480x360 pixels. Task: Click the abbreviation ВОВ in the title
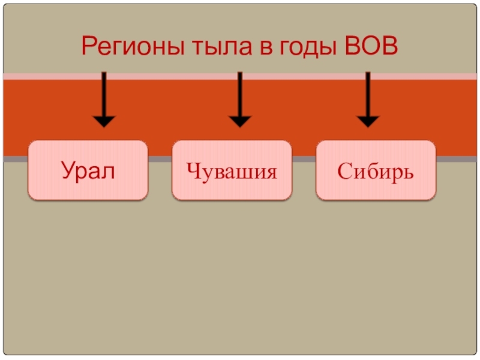373,46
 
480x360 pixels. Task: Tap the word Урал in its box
88,172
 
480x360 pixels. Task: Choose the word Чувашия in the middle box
232,172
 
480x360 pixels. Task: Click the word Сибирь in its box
376,172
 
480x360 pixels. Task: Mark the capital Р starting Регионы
88,46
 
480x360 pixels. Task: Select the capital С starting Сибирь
344,171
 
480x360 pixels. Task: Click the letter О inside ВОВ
373,46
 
